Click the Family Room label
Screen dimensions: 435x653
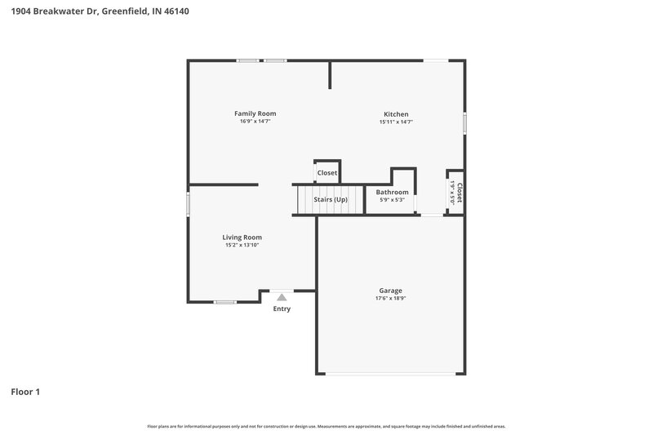(255, 113)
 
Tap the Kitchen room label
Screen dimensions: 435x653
(396, 114)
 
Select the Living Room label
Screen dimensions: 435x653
(242, 237)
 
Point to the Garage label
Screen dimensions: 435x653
(390, 291)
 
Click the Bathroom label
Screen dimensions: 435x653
(392, 192)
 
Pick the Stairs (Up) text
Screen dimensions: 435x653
(331, 199)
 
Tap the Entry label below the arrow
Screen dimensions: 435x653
(282, 308)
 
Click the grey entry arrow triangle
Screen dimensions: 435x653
(282, 298)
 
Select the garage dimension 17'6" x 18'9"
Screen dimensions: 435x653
(390, 299)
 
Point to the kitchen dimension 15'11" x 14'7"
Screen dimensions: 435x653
(396, 122)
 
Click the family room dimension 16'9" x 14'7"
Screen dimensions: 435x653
(255, 122)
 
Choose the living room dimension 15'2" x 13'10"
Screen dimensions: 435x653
(242, 246)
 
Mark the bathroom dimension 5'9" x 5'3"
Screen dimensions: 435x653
(392, 200)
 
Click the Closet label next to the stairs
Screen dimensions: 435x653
(327, 173)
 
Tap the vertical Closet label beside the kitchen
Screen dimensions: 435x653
(460, 193)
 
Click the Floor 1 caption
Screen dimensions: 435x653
(25, 392)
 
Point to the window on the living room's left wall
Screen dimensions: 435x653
(189, 203)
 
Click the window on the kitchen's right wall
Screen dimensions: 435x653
(464, 123)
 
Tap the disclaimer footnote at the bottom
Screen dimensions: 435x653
(326, 426)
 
